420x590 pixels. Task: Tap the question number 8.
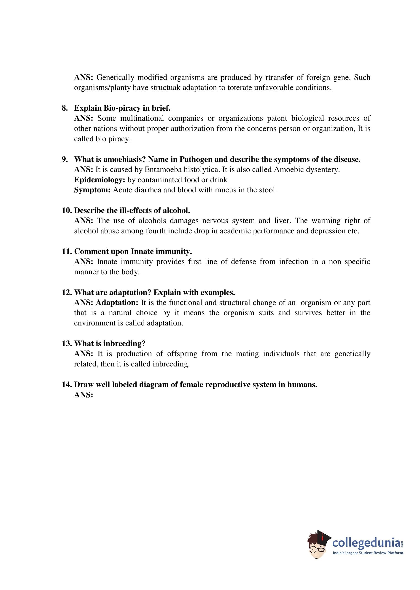click(65, 108)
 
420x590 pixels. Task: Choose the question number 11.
click(67, 251)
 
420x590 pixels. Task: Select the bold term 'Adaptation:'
click(117, 303)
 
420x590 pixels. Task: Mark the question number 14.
click(67, 385)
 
